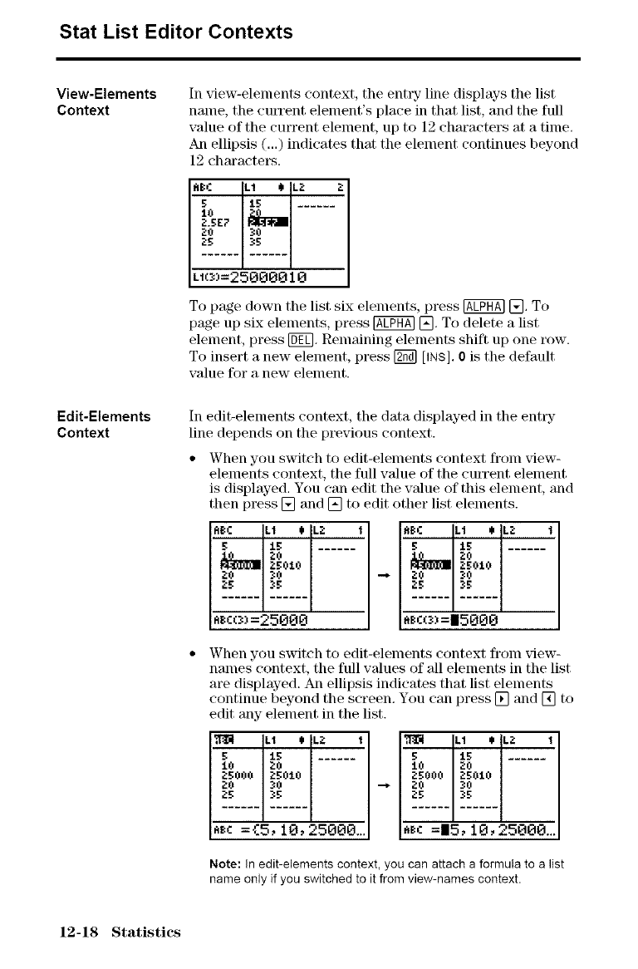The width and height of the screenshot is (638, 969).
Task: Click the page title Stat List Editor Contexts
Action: tap(176, 32)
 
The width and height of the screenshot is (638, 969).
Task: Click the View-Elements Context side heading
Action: tap(106, 101)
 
